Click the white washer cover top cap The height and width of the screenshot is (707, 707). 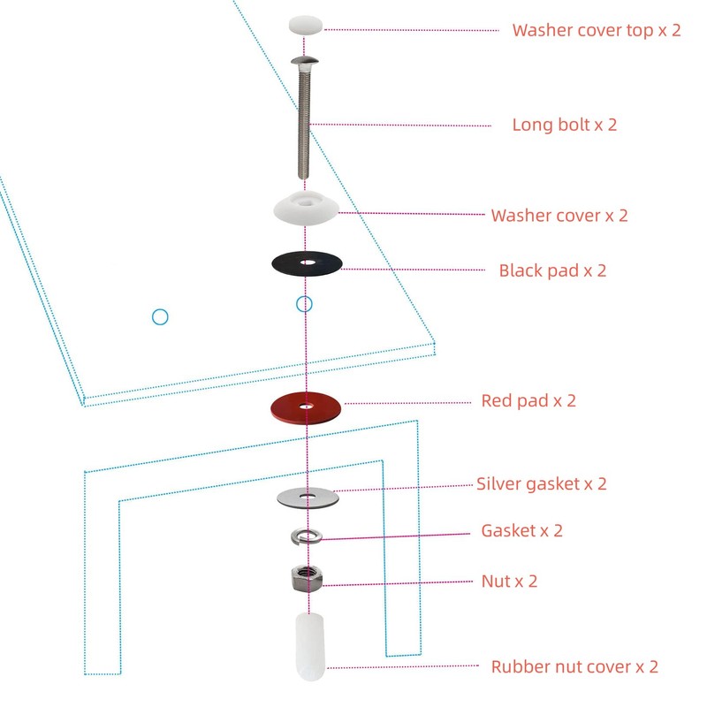[306, 25]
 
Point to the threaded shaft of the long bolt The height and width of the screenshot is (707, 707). [306, 124]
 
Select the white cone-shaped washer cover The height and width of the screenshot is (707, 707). [306, 209]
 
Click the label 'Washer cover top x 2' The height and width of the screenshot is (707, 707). [597, 29]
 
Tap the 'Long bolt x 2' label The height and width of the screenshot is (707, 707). [564, 125]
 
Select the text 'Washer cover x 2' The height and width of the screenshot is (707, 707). [559, 215]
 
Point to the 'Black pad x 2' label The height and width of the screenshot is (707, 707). [552, 270]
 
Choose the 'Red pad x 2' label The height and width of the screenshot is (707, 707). [528, 400]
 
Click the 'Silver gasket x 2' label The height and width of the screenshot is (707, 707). [541, 483]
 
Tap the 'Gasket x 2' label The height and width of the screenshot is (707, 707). [521, 530]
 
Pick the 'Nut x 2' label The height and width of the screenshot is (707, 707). [509, 581]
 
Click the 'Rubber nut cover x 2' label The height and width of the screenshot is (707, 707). [574, 666]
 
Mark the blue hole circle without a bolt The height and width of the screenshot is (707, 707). [160, 315]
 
